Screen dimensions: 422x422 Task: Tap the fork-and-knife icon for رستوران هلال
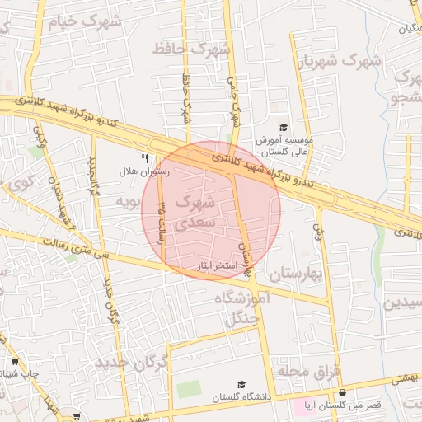tap(145, 158)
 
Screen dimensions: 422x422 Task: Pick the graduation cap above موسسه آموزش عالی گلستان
tap(284, 128)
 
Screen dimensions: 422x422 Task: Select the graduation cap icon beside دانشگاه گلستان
tap(241, 384)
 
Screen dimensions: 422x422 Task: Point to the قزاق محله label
tap(309, 371)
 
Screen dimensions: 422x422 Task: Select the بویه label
tap(124, 200)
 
